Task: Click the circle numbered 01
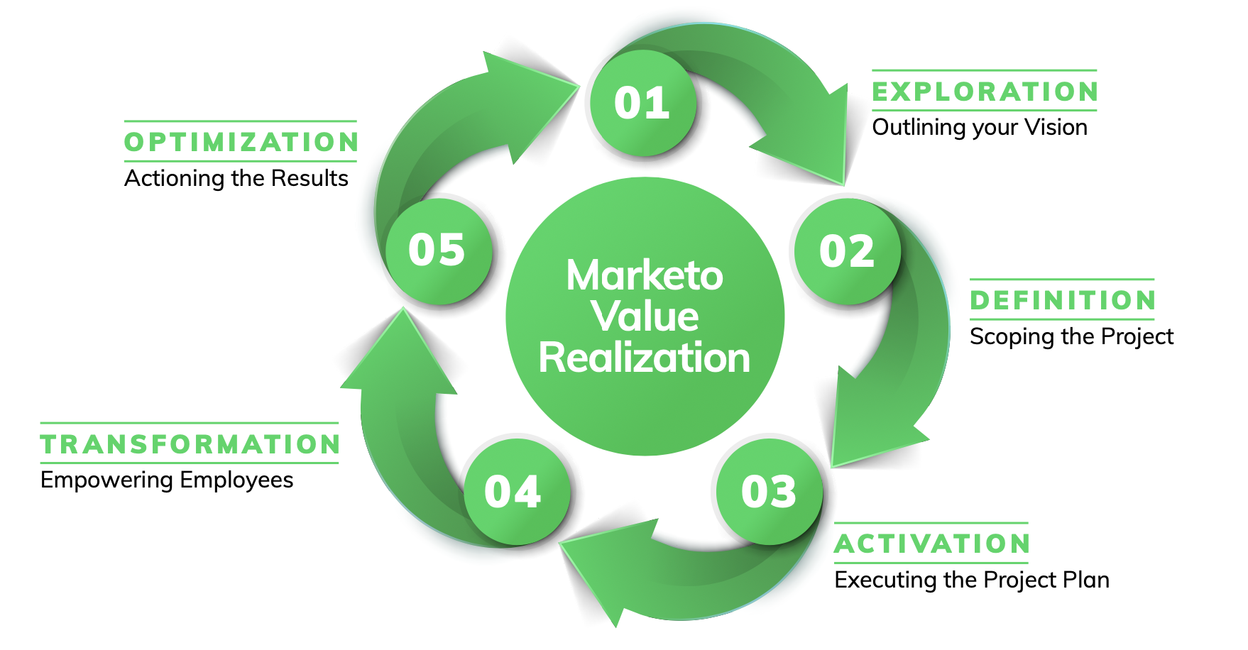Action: click(642, 104)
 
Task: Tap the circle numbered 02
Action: click(847, 252)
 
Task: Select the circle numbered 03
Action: click(769, 492)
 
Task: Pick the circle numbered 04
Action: click(516, 492)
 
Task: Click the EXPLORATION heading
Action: click(985, 92)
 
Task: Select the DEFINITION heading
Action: click(1063, 300)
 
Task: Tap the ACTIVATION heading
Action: click(932, 544)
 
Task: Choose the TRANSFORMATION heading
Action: click(190, 444)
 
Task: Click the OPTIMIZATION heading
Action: click(241, 142)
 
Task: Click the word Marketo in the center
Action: click(645, 275)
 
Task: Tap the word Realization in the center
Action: click(645, 358)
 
